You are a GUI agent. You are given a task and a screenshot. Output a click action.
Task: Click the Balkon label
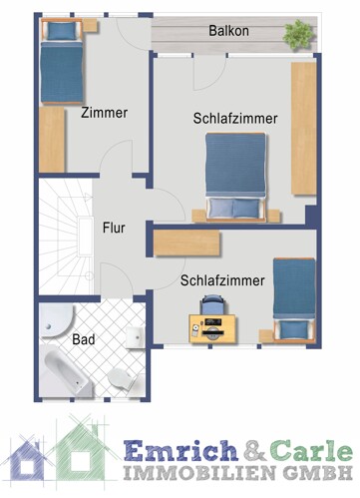point(228,32)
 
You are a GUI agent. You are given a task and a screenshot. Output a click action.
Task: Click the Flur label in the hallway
point(114,227)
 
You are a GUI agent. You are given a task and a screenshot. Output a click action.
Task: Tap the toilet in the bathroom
point(122,378)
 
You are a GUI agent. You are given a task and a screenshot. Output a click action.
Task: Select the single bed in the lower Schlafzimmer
point(294,298)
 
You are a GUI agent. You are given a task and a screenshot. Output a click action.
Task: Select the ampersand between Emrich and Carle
point(249,450)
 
